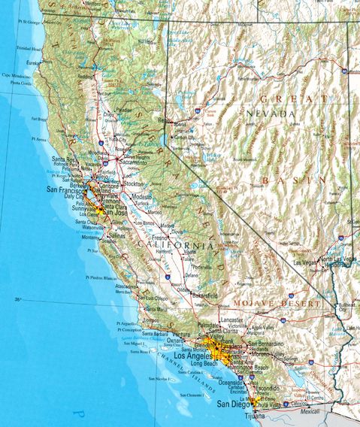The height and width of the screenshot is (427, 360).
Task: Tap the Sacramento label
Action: (x=132, y=162)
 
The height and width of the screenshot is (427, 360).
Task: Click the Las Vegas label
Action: (x=306, y=263)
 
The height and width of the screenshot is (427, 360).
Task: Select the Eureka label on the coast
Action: (x=35, y=63)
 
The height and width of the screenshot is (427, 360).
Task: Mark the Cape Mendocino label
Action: (x=15, y=76)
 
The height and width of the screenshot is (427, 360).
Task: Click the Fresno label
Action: (x=159, y=238)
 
